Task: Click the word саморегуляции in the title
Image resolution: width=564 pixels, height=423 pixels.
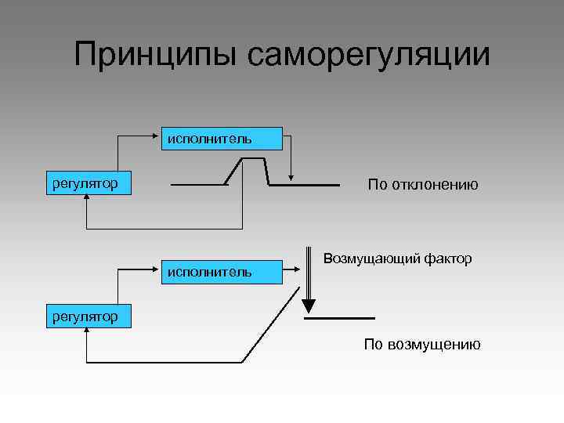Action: (367, 56)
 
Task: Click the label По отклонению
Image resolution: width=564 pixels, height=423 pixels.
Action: (423, 185)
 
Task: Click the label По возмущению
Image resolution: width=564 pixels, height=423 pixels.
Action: (422, 345)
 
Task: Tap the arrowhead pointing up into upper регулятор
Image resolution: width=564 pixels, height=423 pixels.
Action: (85, 199)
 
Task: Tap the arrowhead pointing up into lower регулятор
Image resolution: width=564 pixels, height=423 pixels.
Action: (85, 332)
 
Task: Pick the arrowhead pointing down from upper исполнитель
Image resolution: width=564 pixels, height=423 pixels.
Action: (291, 177)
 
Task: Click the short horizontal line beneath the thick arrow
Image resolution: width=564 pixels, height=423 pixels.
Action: (339, 318)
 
